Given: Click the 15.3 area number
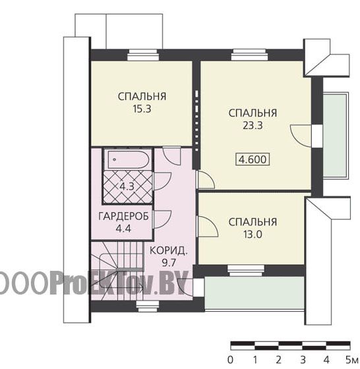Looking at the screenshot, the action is coord(142,109).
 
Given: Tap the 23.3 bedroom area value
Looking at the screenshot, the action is coord(253,126).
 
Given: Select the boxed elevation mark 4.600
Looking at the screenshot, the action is coord(253,159).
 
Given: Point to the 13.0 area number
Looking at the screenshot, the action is coord(253,235).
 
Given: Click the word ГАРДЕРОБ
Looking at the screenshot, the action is coord(123,216).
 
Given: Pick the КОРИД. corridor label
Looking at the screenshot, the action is coord(169,250).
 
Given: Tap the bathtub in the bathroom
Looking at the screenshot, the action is coord(129,159).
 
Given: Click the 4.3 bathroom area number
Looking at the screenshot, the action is coord(127,186).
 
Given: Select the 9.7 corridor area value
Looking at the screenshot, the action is coord(169,263).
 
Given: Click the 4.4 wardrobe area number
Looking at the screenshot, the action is coord(123,228).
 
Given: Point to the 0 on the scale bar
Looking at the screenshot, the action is coord(231,360).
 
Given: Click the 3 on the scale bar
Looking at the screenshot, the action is coord(303,360).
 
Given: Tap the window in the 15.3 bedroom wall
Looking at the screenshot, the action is coord(143,55).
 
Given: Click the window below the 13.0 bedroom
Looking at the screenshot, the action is coord(246,270).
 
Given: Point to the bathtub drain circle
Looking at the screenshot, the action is coord(115,159).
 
